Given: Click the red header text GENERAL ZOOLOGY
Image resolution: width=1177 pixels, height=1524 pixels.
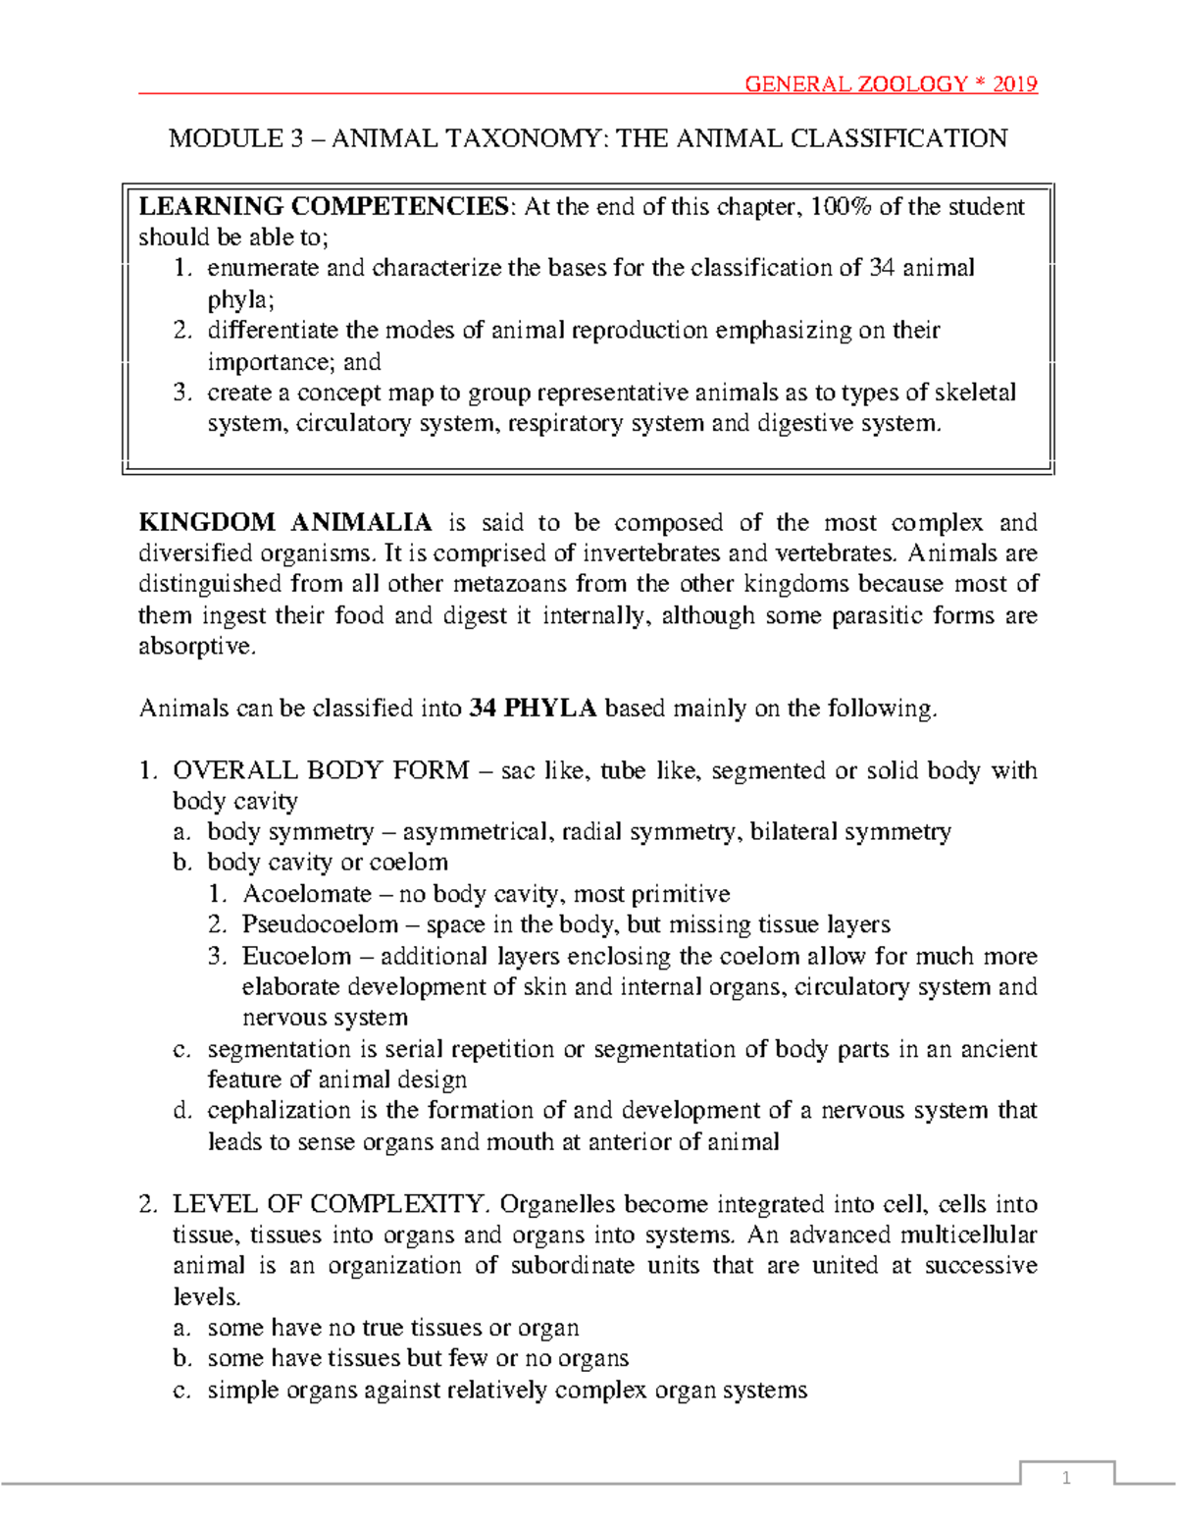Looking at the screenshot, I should (x=855, y=84).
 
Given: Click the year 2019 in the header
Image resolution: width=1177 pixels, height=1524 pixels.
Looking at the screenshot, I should (x=1014, y=84).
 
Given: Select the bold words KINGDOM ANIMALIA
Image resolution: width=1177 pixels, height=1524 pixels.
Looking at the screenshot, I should (x=285, y=522).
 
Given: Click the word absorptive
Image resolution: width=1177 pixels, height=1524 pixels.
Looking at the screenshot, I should (x=197, y=647).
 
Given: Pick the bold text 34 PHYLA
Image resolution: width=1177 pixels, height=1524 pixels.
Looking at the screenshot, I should (x=533, y=709).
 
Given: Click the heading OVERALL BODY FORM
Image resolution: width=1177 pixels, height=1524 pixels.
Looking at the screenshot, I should (x=321, y=770).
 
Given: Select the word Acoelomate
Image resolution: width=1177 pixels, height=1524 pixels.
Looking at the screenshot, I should (x=307, y=894).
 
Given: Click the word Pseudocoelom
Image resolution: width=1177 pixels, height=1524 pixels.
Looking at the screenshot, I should (x=320, y=924).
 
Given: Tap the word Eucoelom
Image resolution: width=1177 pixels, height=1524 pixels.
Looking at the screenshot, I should (x=296, y=956).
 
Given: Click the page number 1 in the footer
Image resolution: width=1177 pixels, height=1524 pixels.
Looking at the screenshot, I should (x=1066, y=1479).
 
